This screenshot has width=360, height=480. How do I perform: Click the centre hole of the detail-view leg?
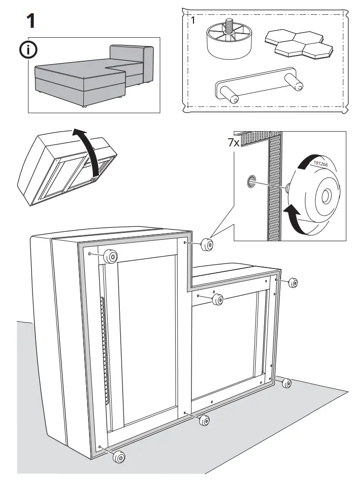327,195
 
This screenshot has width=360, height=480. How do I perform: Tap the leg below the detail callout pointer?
206,245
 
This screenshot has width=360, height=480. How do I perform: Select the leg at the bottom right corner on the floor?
287,383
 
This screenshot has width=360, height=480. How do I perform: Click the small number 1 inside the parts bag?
193,21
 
